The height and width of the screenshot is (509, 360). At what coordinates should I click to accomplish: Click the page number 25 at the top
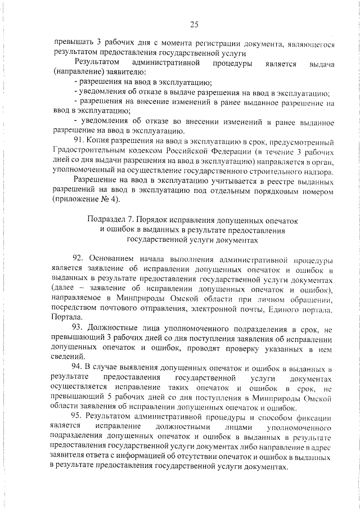[194, 24]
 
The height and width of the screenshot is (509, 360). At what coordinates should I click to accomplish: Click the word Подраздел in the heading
[106, 219]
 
